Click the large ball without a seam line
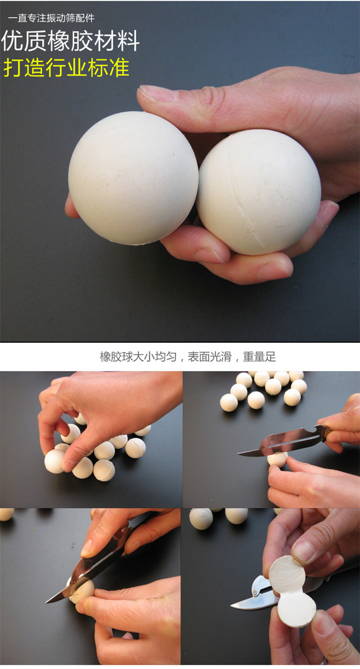[133, 179]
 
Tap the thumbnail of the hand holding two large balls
[180, 171]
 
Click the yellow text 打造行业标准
[66, 68]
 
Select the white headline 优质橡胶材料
[71, 41]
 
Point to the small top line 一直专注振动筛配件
[51, 18]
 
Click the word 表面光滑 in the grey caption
[209, 357]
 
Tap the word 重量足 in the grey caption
[259, 357]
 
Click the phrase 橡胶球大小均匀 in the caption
[138, 357]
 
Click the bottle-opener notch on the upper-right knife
[320, 429]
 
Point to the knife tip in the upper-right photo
[239, 454]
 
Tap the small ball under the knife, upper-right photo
[277, 459]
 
